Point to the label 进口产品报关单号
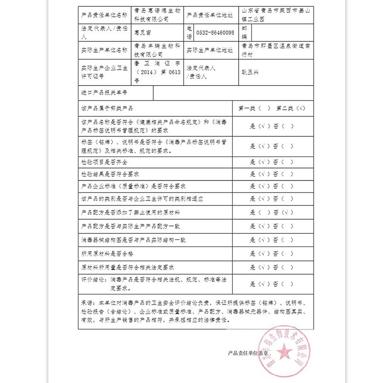point(104,92)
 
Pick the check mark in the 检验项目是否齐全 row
point(261,162)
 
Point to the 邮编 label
point(245,33)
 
